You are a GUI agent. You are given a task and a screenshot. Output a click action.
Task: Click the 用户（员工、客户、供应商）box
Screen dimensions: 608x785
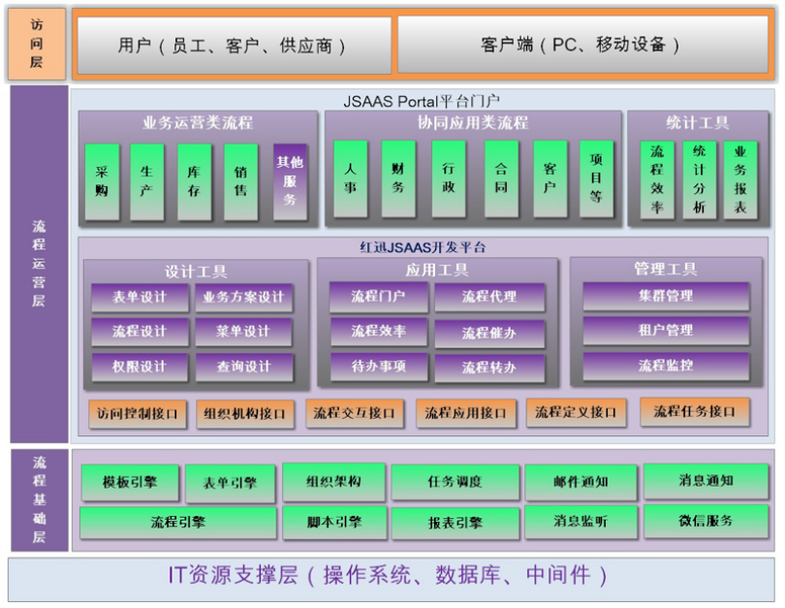233,46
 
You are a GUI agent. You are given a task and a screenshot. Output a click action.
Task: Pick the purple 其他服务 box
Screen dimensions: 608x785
290,180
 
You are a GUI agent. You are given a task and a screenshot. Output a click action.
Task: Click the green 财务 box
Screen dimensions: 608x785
397,178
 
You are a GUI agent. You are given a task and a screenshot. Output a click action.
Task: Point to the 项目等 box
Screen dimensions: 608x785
596,178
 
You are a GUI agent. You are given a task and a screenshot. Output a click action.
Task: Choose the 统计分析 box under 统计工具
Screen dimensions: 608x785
699,178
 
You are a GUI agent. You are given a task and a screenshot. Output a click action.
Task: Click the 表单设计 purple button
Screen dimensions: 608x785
140,297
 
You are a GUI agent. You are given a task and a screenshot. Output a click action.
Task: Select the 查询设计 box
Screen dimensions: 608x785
244,367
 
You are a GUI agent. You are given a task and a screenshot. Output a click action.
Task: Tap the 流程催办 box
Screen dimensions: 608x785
489,333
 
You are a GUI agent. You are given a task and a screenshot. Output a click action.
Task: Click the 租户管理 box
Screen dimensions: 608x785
666,331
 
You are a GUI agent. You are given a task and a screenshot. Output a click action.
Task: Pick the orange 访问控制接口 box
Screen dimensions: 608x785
139,414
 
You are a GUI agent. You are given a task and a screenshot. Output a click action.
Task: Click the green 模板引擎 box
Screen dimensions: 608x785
130,481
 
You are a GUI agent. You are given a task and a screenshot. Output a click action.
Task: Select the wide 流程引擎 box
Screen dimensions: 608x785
178,523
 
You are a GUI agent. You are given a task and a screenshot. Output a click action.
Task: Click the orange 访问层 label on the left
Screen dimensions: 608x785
37,46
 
